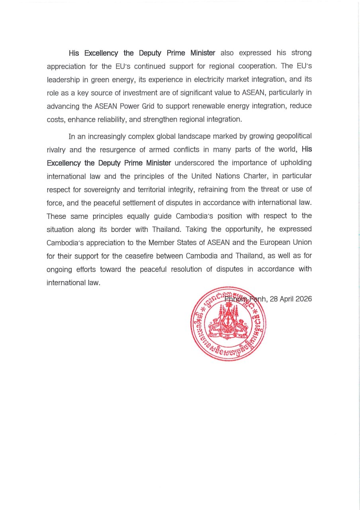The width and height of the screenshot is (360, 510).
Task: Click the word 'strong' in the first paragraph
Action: tap(301, 53)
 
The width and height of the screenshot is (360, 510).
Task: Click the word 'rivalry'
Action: tap(57, 150)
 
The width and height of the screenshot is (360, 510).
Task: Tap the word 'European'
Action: tap(272, 243)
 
